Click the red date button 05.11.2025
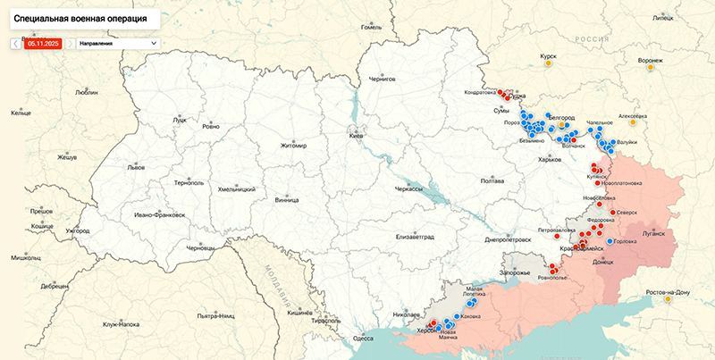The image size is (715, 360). pos(42,42)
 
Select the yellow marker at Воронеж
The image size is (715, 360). pos(651,66)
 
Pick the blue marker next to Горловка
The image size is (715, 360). pos(610,241)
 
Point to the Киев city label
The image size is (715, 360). pos(356,135)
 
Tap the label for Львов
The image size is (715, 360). pos(136,167)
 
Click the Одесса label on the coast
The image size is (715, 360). pos(362,339)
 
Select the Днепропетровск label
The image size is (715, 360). pos(508,239)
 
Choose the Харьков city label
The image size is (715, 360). pos(546,159)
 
